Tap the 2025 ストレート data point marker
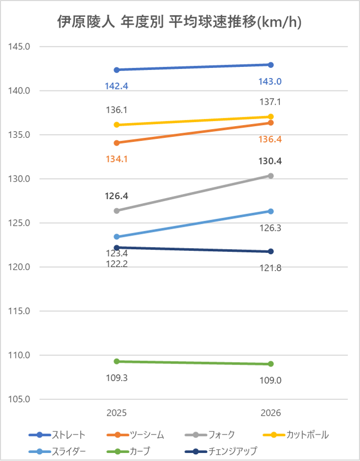(116, 70)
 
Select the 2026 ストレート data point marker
(271, 65)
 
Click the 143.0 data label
(271, 82)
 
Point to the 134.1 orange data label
(116, 159)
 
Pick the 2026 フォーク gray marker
(271, 176)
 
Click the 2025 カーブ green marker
(116, 361)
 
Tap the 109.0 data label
(271, 380)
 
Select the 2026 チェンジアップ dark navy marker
(271, 251)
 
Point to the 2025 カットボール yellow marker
(116, 125)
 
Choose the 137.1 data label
(271, 102)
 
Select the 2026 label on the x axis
(271, 413)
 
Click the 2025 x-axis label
(116, 413)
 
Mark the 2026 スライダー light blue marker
(271, 211)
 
